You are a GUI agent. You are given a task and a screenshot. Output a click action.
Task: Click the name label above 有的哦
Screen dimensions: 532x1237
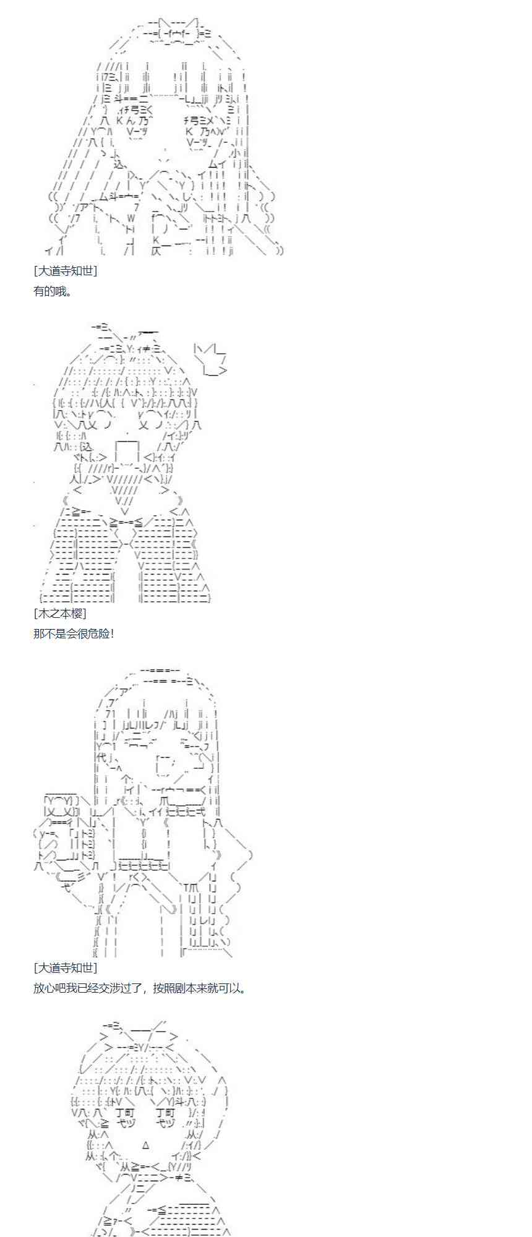point(65,271)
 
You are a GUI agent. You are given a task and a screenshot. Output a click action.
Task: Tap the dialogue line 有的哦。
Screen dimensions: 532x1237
point(53,291)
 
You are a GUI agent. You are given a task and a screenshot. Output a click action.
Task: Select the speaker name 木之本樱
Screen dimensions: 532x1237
point(60,613)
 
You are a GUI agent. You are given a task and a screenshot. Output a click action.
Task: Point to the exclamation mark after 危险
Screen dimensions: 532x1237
point(112,633)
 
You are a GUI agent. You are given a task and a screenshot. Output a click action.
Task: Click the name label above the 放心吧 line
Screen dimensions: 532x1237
point(65,968)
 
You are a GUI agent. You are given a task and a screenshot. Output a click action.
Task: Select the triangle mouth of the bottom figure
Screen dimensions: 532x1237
point(146,1145)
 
